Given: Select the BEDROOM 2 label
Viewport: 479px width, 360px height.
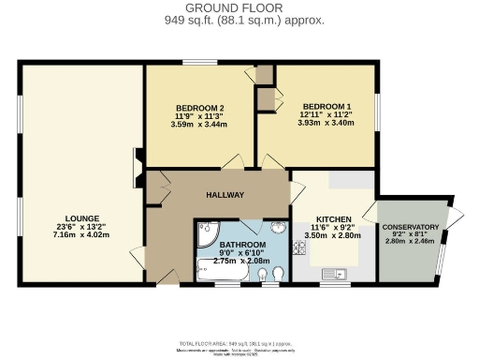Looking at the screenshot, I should [199, 106].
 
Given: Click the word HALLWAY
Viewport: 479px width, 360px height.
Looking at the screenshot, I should [225, 195].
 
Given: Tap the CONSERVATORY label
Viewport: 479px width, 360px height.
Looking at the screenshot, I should [410, 227].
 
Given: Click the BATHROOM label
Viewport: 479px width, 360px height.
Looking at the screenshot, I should [240, 244].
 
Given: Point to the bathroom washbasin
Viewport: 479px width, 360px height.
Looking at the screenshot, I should [278, 229].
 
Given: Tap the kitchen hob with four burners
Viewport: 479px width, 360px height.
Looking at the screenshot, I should [301, 248].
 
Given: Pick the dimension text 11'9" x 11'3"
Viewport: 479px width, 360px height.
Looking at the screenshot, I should [199, 115].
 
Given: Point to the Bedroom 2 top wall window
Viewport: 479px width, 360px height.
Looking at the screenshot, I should [199, 63].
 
